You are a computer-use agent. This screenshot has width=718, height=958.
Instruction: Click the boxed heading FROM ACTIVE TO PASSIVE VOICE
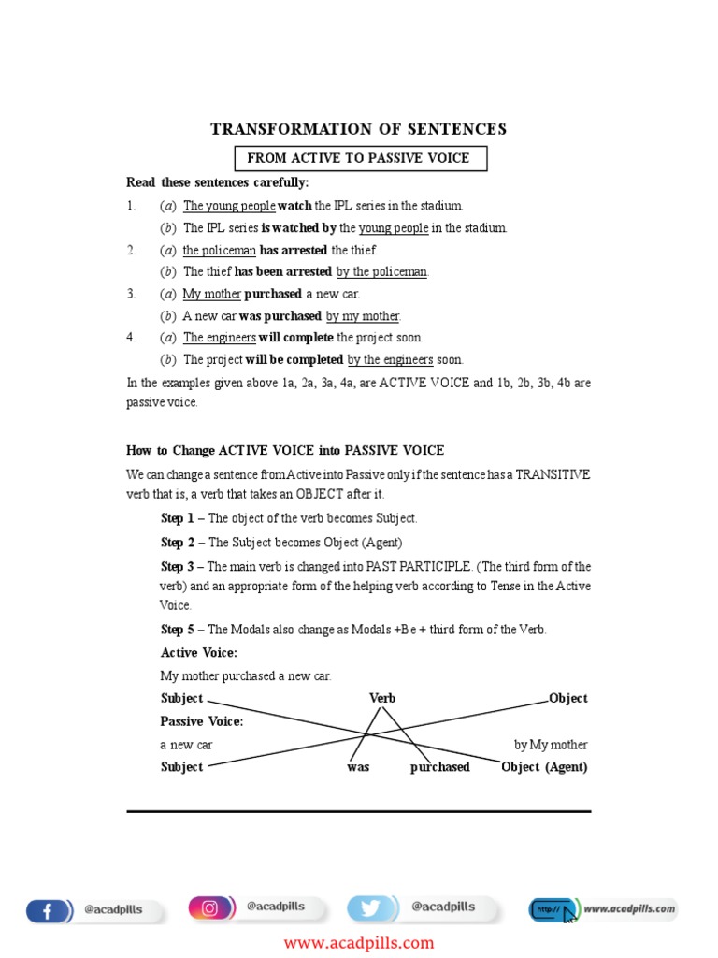(358, 158)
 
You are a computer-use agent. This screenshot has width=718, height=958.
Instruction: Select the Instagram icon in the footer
(211, 907)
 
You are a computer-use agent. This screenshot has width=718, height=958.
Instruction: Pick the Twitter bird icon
(370, 908)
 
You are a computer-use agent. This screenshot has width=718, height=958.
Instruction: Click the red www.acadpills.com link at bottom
(359, 942)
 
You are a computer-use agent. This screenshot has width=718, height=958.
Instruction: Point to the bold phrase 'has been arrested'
(282, 271)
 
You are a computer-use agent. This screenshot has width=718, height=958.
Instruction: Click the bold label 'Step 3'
(178, 566)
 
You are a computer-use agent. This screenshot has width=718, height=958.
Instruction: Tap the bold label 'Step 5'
(178, 630)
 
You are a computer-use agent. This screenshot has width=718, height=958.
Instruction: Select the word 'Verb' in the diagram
(382, 698)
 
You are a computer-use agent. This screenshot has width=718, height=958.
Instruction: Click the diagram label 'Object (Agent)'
(544, 767)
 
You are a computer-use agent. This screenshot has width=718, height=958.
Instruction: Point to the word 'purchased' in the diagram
(439, 767)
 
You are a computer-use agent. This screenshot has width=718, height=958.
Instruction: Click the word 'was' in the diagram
(358, 767)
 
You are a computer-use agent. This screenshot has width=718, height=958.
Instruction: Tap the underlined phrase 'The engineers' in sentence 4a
(220, 337)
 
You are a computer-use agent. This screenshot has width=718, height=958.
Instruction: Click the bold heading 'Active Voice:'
(199, 653)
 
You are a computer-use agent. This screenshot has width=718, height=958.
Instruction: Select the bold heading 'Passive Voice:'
(202, 721)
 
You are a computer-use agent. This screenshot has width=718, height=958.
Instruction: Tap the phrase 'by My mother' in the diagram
(551, 745)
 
